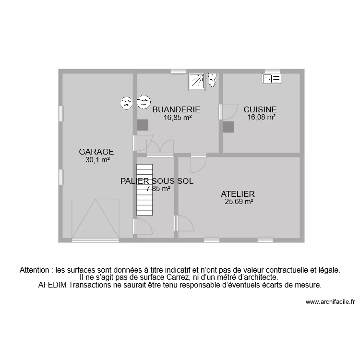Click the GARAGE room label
tap(96, 152)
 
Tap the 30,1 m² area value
tap(98, 160)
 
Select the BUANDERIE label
tap(176, 109)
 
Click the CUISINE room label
tap(260, 109)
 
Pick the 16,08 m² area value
tap(261, 117)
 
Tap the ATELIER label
tap(238, 194)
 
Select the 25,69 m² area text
tap(239, 202)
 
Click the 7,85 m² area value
tap(158, 189)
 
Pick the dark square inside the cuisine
tap(228, 127)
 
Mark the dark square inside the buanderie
tap(143, 125)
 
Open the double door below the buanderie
tap(160, 147)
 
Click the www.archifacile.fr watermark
tap(330, 302)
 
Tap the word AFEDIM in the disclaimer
tap(52, 285)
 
